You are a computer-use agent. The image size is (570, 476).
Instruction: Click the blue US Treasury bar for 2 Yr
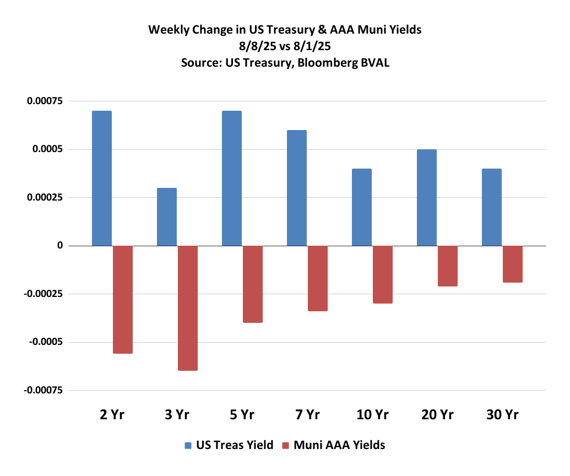pyautogui.click(x=102, y=178)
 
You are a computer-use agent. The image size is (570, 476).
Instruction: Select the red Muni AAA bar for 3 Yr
pyautogui.click(x=188, y=308)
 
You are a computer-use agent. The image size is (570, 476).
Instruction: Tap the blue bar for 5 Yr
pyautogui.click(x=232, y=178)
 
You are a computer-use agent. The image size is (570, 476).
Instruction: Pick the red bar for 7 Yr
pyautogui.click(x=318, y=278)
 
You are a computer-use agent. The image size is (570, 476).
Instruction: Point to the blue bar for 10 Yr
pyautogui.click(x=362, y=207)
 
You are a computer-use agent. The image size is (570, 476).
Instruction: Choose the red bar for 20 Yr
pyautogui.click(x=448, y=266)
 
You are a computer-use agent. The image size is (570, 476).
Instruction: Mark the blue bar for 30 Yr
pyautogui.click(x=492, y=207)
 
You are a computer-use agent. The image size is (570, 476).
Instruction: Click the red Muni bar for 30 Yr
pyautogui.click(x=513, y=264)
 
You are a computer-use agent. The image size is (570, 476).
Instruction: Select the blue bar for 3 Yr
pyautogui.click(x=167, y=217)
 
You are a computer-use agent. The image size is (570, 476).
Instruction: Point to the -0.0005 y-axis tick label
pyautogui.click(x=44, y=342)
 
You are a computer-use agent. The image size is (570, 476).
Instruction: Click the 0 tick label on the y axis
pyautogui.click(x=59, y=246)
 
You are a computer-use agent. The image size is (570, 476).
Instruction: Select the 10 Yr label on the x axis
pyautogui.click(x=372, y=415)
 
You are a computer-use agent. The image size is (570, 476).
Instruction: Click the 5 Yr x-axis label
pyautogui.click(x=242, y=415)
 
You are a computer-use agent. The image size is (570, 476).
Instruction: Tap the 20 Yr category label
pyautogui.click(x=437, y=415)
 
